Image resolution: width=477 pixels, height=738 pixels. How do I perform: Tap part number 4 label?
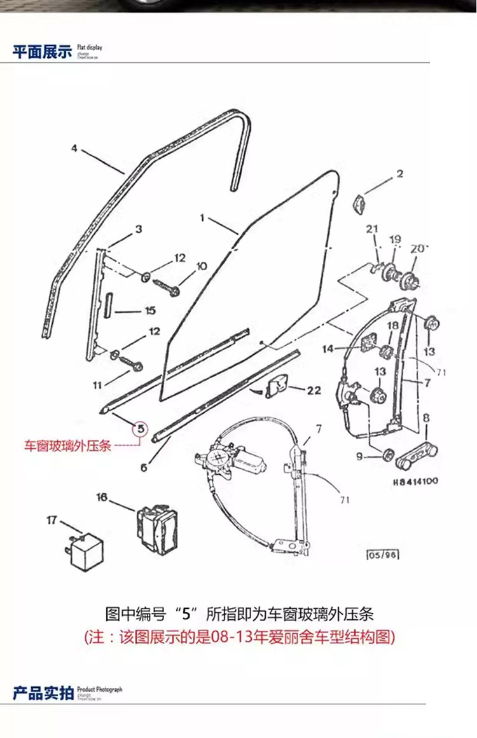[x=74, y=149]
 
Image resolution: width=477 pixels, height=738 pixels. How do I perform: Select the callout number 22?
[x=314, y=390]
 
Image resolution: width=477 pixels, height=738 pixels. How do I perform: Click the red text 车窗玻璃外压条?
[x=68, y=446]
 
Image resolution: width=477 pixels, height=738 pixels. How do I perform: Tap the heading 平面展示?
[x=43, y=52]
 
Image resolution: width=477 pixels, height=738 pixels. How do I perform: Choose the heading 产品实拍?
[x=43, y=693]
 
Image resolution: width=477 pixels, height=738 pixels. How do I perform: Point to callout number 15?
[x=150, y=311]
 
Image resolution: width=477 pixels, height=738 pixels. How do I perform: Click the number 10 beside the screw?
[x=201, y=266]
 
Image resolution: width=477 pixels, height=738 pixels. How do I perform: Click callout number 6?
[x=144, y=467]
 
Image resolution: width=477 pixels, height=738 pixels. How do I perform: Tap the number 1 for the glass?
[x=202, y=217]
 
